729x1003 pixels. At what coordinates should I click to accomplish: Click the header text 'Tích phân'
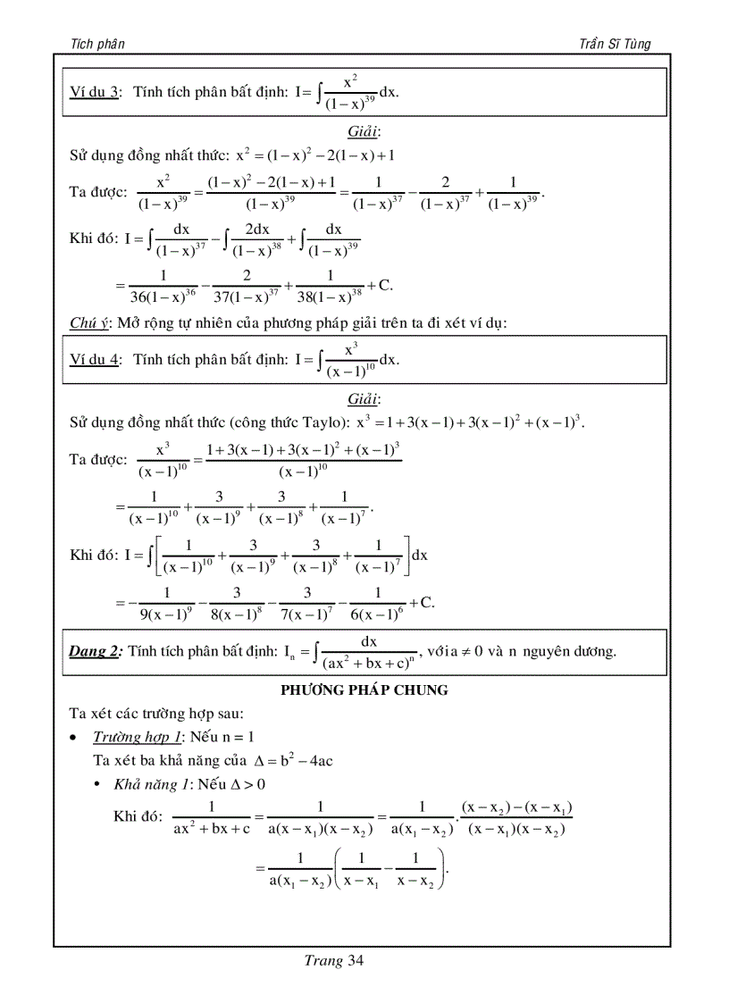coord(96,44)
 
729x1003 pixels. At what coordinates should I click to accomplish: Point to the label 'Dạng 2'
coord(95,651)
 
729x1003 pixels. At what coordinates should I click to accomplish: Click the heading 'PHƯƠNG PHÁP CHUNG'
coord(364,690)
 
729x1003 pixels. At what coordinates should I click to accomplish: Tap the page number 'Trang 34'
coord(334,961)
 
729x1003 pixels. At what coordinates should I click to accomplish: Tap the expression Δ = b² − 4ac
coord(294,760)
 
